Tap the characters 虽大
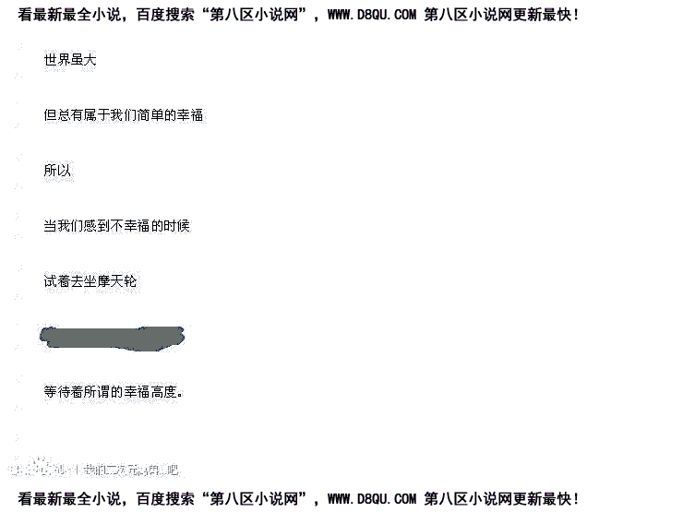[x=84, y=60]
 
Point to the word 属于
[x=97, y=115]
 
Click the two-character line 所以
[x=57, y=171]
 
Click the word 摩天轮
[x=117, y=281]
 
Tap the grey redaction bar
[x=112, y=337]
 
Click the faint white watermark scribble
[x=92, y=468]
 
